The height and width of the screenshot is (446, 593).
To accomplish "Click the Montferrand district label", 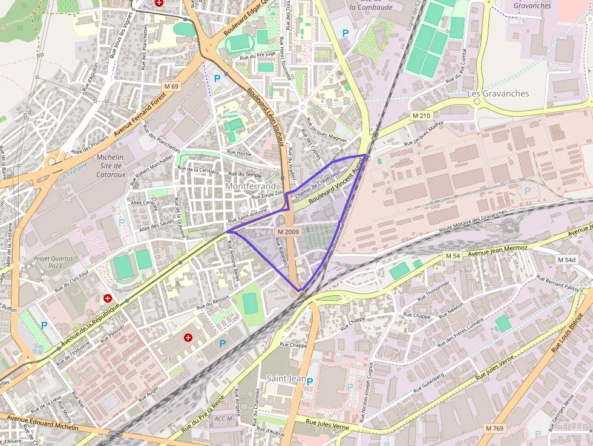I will (250, 186).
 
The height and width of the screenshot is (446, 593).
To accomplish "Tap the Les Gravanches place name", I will (498, 94).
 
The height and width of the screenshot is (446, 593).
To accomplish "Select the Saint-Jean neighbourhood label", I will (286, 378).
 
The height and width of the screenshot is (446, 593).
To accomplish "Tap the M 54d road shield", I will (566, 260).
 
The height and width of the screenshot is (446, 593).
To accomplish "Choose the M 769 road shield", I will (494, 428).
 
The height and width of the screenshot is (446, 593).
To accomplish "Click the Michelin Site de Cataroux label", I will (111, 166).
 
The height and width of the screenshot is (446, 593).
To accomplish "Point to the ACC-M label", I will (223, 419).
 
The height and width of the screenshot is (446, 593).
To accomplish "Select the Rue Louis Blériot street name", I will (568, 332).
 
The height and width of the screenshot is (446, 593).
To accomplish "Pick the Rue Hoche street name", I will (239, 154).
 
